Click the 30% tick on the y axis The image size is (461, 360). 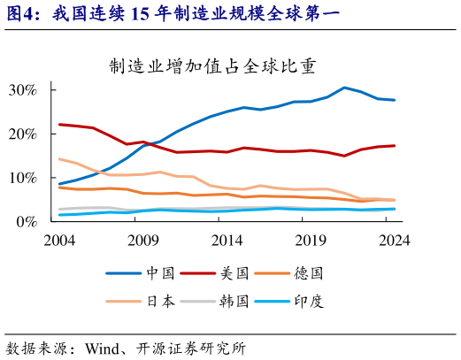(x=23, y=90)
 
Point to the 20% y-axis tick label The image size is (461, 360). (x=23, y=134)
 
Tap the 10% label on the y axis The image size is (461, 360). (x=23, y=178)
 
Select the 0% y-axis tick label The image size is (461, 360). (x=27, y=222)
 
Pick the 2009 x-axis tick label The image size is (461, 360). (x=142, y=240)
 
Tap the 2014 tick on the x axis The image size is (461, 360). (x=227, y=240)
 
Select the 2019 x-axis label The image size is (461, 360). (x=311, y=240)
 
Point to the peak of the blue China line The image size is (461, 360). (x=344, y=88)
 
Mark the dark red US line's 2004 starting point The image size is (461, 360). (x=59, y=125)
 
